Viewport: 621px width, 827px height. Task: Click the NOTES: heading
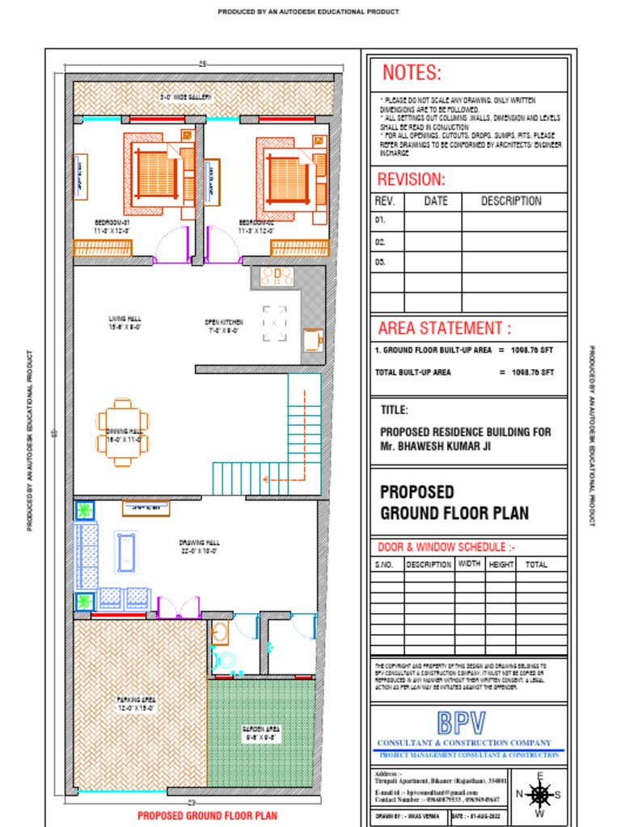click(412, 73)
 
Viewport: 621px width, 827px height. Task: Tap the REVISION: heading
click(411, 179)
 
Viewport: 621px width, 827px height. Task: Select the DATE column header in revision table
click(435, 201)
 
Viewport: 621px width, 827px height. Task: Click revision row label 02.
click(380, 241)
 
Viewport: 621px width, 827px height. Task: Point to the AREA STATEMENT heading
click(445, 328)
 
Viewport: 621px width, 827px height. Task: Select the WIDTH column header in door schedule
click(469, 565)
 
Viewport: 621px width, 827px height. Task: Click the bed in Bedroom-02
click(288, 178)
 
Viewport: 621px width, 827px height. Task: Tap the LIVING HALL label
click(125, 319)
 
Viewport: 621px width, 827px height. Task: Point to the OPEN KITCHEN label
click(224, 322)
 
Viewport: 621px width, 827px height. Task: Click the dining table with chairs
click(122, 432)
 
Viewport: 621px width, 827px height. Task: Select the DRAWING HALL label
click(200, 543)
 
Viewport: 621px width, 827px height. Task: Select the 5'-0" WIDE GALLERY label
click(185, 97)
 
